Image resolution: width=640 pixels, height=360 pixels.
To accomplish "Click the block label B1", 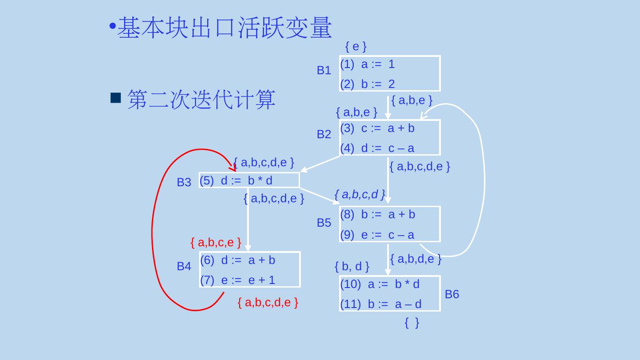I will pyautogui.click(x=324, y=71).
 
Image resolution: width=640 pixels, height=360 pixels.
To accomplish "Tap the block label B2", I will pyautogui.click(x=324, y=134).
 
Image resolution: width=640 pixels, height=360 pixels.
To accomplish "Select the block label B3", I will pyautogui.click(x=184, y=182).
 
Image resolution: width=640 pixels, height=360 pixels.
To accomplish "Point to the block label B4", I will pyautogui.click(x=184, y=267).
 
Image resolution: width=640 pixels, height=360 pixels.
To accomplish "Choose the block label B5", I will pyautogui.click(x=324, y=223).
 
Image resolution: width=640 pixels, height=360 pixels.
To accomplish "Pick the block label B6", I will pyautogui.click(x=452, y=294).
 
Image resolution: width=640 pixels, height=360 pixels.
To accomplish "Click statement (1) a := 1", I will pyautogui.click(x=368, y=65).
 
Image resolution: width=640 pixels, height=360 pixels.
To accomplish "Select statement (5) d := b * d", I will pyautogui.click(x=236, y=180).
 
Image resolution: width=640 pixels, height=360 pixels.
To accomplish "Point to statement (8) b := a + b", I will pyautogui.click(x=377, y=215).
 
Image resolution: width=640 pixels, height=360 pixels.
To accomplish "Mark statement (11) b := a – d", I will pyautogui.click(x=380, y=304).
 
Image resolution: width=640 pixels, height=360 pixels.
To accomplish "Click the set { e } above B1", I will pyautogui.click(x=356, y=46).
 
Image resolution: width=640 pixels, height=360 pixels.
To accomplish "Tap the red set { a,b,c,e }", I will pyautogui.click(x=216, y=243).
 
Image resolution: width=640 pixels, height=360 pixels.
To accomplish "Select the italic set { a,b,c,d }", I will pyautogui.click(x=360, y=194).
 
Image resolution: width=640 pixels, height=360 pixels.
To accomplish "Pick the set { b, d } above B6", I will pyautogui.click(x=352, y=267).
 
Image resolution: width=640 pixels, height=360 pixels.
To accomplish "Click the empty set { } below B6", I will pyautogui.click(x=412, y=323).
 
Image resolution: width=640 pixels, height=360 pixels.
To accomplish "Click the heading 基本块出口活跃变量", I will pyautogui.click(x=224, y=28).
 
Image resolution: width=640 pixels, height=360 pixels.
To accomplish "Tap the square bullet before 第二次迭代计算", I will pyautogui.click(x=116, y=98).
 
